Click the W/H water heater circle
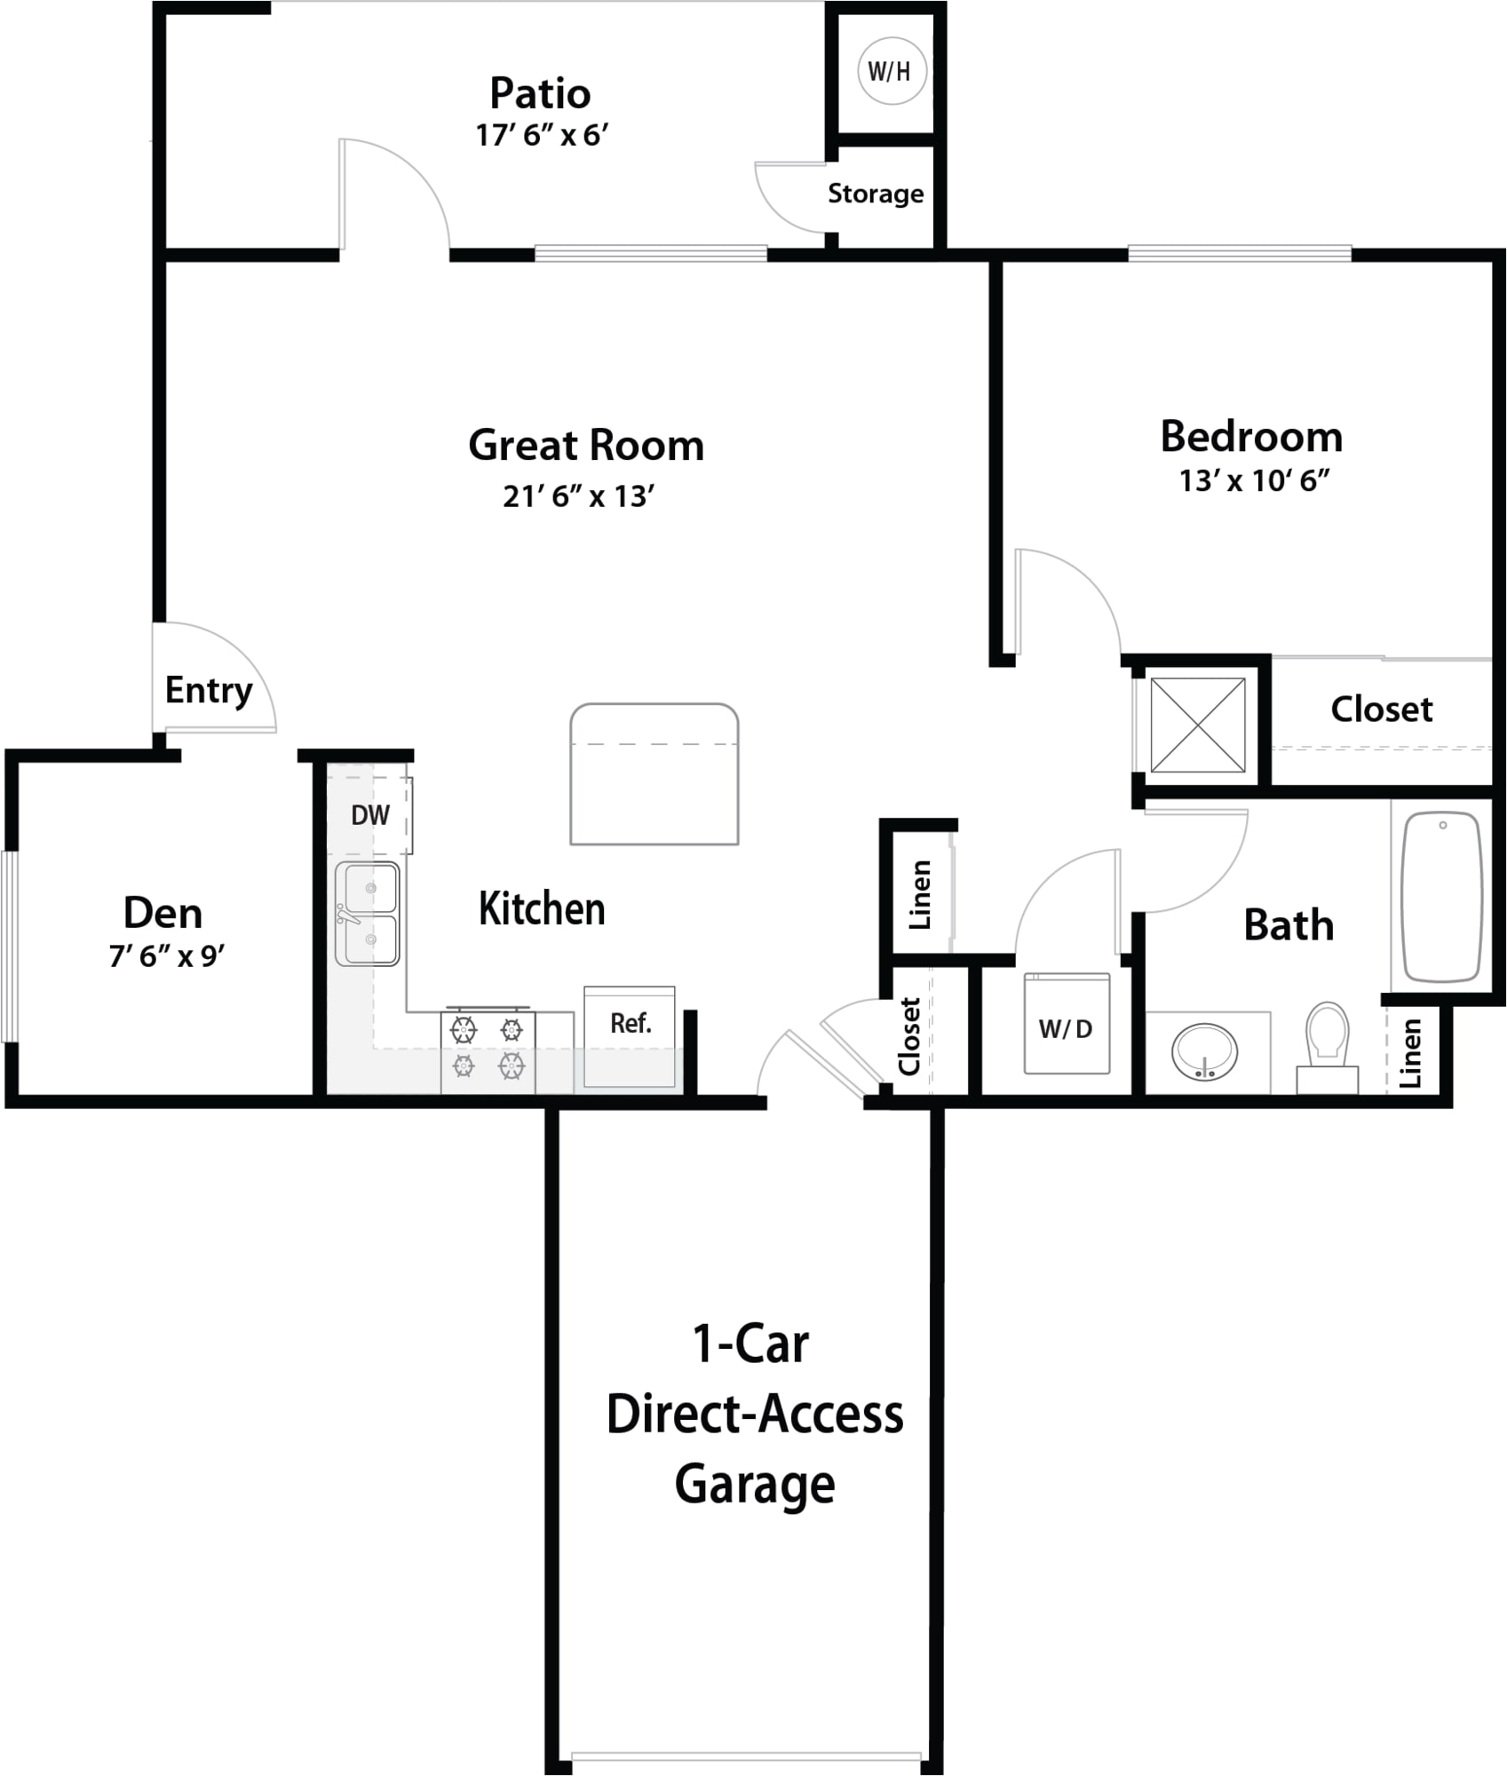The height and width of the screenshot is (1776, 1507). [892, 71]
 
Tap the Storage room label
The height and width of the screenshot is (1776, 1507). [876, 194]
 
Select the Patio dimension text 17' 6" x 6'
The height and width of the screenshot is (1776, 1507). [542, 135]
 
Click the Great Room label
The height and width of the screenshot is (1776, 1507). [586, 445]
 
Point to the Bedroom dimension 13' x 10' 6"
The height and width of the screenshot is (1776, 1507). [1254, 480]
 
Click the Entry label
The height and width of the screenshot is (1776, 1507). [209, 690]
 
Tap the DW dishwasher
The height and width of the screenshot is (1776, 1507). [370, 814]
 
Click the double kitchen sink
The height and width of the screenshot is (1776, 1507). [368, 914]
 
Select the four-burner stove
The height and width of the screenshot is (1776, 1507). [488, 1051]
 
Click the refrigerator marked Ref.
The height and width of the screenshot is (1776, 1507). [630, 1036]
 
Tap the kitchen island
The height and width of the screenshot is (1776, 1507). [654, 773]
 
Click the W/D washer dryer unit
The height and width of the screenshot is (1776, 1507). [1067, 1024]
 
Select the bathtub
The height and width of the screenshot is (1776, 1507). [1442, 897]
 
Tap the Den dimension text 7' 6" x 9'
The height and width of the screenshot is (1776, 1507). [167, 956]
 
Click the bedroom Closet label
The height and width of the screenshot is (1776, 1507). [1382, 709]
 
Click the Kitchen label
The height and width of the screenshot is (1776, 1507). [542, 908]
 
